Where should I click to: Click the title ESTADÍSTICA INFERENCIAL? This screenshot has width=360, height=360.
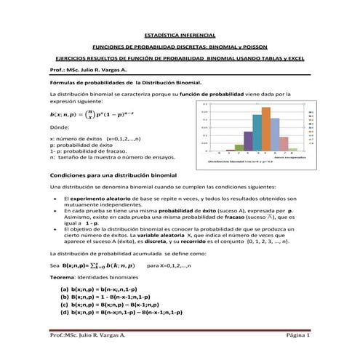click(x=179, y=34)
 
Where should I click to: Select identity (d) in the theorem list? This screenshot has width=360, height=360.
click(x=120, y=312)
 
